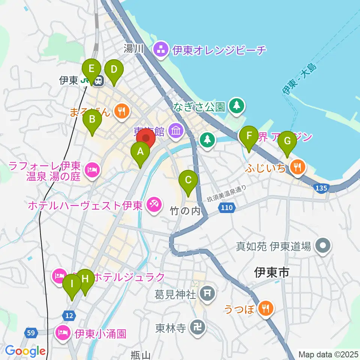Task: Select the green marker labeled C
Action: click(x=188, y=181)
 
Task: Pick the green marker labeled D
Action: click(x=114, y=70)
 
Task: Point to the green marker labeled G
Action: click(x=287, y=141)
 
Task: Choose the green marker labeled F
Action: click(x=249, y=137)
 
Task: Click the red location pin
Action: click(x=145, y=138)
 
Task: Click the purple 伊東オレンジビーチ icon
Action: click(x=161, y=49)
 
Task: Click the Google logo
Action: click(x=25, y=351)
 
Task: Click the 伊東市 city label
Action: click(x=271, y=273)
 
